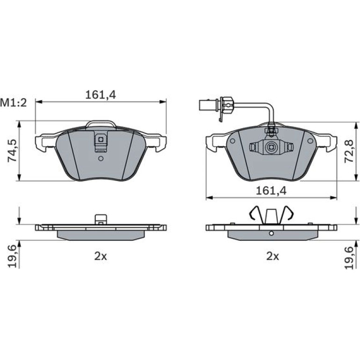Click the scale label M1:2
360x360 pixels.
click(x=14, y=103)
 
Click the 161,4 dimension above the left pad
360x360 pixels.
click(x=101, y=94)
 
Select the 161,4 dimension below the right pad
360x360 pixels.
click(x=271, y=191)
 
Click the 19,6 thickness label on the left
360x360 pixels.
click(x=13, y=256)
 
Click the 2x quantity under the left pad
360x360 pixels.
click(x=101, y=257)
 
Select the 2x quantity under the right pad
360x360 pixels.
click(x=273, y=257)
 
